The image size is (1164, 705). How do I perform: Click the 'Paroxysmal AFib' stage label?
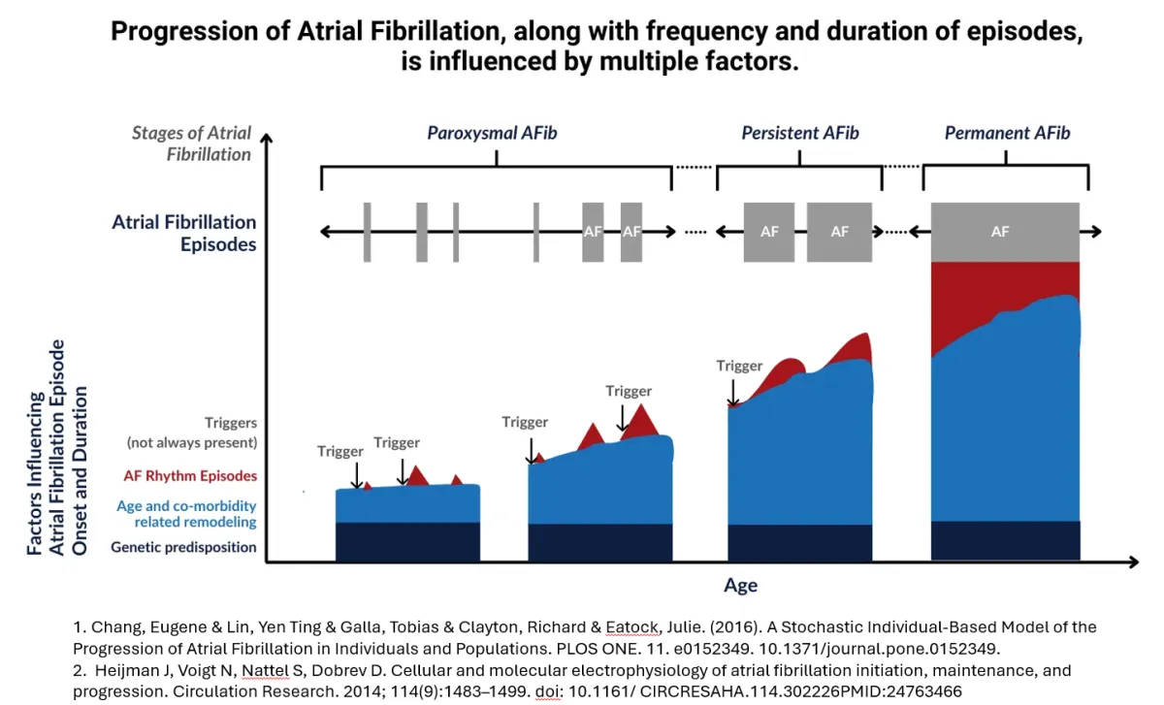pyautogui.click(x=492, y=133)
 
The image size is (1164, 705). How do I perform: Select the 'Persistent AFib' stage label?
pyautogui.click(x=800, y=133)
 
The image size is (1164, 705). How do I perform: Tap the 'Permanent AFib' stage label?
pyautogui.click(x=1007, y=133)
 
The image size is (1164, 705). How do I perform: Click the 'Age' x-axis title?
pyautogui.click(x=740, y=586)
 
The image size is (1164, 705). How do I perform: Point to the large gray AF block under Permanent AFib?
pyautogui.click(x=1004, y=232)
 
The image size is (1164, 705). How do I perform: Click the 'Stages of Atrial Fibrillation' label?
pyautogui.click(x=191, y=144)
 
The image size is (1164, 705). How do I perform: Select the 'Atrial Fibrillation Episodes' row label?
pyautogui.click(x=184, y=234)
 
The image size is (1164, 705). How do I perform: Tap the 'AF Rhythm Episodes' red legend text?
pyautogui.click(x=190, y=476)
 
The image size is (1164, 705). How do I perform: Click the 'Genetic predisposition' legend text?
pyautogui.click(x=183, y=547)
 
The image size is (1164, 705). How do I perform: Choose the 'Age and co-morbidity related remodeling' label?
pyautogui.click(x=186, y=514)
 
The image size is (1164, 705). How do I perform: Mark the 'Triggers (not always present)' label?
pyautogui.click(x=192, y=433)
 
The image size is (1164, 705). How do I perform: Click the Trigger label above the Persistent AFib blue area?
pyautogui.click(x=739, y=366)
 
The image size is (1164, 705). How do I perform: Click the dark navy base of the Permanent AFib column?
pyautogui.click(x=1005, y=540)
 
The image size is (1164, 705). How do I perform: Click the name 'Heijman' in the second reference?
pyautogui.click(x=126, y=670)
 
